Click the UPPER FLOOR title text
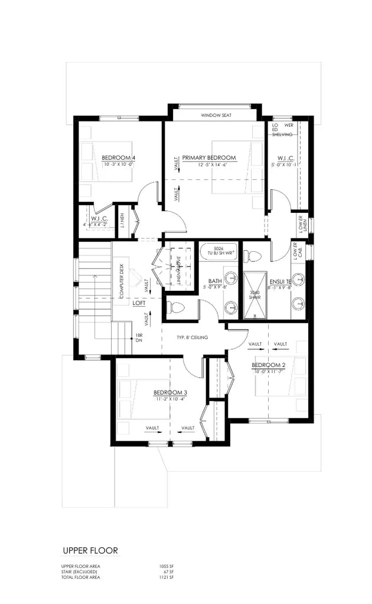(x=90, y=550)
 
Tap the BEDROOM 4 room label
(x=119, y=157)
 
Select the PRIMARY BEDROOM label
(x=209, y=157)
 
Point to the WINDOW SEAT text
(x=215, y=115)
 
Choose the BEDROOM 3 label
(x=171, y=393)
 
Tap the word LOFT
(x=139, y=303)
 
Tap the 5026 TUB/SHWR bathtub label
(x=218, y=251)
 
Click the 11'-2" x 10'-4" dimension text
(x=171, y=399)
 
